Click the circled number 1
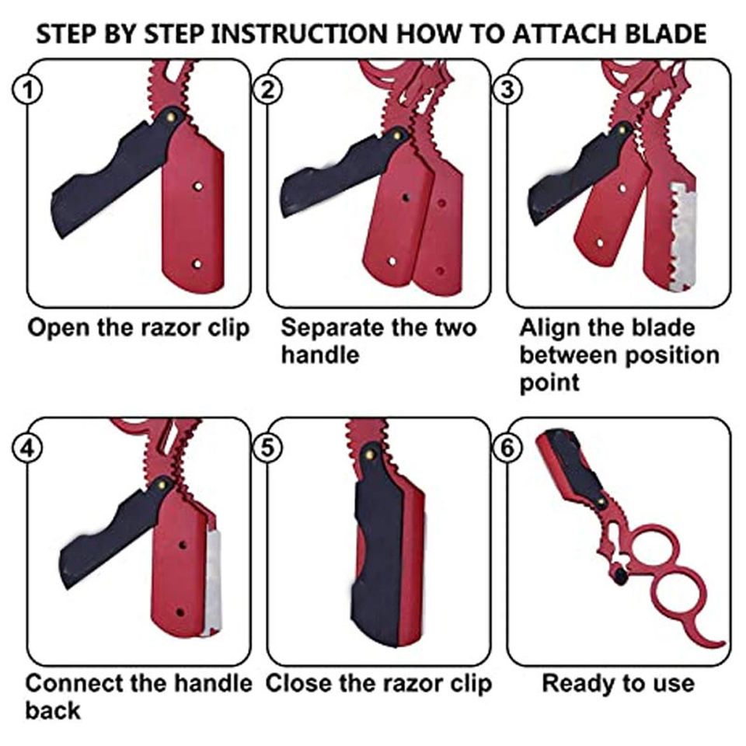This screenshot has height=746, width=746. pos(28,90)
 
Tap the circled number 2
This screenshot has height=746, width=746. pos(267,90)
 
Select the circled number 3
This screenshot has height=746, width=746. pos(507,90)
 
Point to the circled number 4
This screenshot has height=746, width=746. pos(28,448)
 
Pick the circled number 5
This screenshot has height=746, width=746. pos(267,448)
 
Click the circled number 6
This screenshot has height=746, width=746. pos(507,448)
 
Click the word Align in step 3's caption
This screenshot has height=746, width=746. pos(549,328)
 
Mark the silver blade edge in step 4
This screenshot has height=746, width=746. pos(213,583)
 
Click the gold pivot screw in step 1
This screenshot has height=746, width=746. pos(173,116)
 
